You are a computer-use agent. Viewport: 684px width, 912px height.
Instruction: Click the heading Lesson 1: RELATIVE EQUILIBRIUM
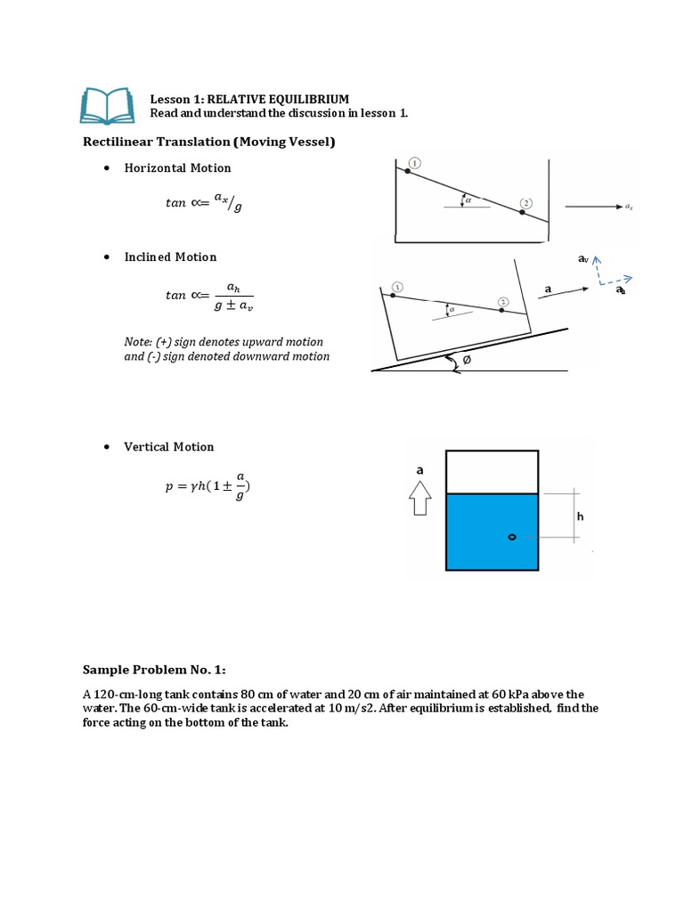248,99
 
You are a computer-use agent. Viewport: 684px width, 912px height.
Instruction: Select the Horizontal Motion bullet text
177,168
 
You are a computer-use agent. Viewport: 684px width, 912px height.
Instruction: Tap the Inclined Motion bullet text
170,257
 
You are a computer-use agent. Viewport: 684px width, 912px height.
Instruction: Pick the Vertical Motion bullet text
169,447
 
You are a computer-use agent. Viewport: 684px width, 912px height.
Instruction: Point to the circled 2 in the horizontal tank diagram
526,203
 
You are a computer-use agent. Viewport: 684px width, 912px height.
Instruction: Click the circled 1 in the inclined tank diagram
396,287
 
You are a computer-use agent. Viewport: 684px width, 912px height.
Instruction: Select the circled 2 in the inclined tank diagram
504,303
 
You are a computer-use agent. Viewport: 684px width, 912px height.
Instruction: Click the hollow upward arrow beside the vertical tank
419,501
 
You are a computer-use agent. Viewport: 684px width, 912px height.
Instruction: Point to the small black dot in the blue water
511,537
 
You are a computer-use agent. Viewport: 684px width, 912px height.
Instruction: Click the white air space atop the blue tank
492,472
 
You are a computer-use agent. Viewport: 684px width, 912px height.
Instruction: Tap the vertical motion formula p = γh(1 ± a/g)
208,486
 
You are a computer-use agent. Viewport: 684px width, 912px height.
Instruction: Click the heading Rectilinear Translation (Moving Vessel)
209,142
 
